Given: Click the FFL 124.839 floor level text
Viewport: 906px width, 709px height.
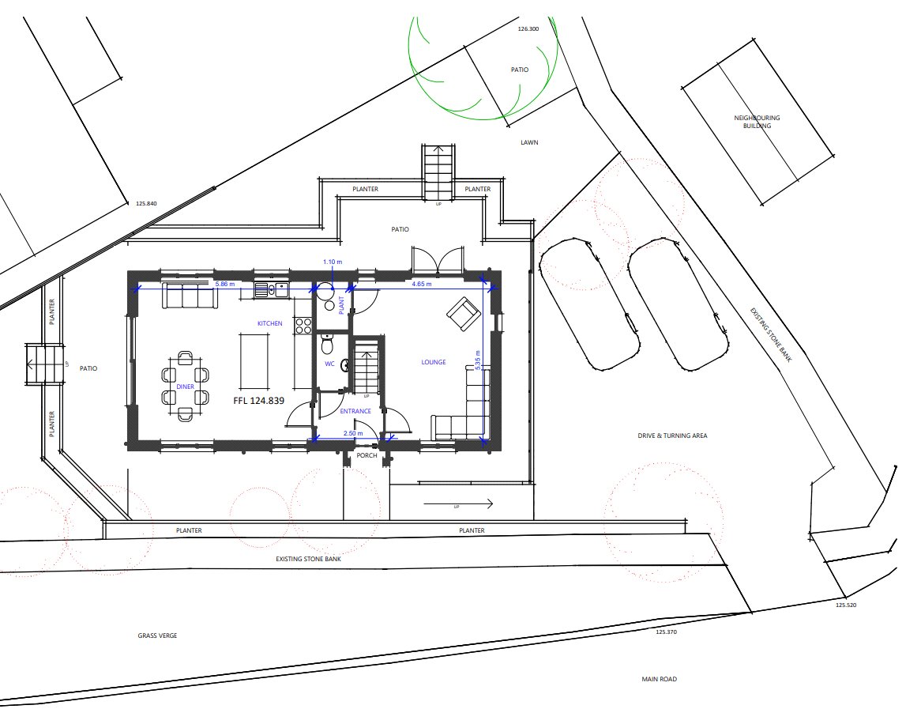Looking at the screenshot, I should (258, 401).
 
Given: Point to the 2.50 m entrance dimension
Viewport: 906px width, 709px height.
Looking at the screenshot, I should (353, 433).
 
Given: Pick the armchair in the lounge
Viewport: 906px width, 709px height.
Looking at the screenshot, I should (464, 314).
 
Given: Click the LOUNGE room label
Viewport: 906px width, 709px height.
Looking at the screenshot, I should (434, 362).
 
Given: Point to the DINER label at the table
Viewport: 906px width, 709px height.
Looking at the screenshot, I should (186, 387).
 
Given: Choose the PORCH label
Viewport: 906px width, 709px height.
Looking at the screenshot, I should (367, 455).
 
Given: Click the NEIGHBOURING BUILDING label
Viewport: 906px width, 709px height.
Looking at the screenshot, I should (757, 122).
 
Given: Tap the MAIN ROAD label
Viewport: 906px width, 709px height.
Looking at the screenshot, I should (659, 679).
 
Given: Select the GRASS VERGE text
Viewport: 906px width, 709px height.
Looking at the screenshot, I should (156, 635).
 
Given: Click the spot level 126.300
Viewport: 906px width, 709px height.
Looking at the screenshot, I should (528, 28).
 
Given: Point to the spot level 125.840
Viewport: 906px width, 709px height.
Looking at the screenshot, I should (147, 204).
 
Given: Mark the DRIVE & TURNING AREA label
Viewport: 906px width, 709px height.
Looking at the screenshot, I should (672, 436).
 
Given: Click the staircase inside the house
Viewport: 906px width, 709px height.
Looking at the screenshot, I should (366, 367).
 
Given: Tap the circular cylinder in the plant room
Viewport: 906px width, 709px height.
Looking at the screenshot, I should (326, 291).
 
